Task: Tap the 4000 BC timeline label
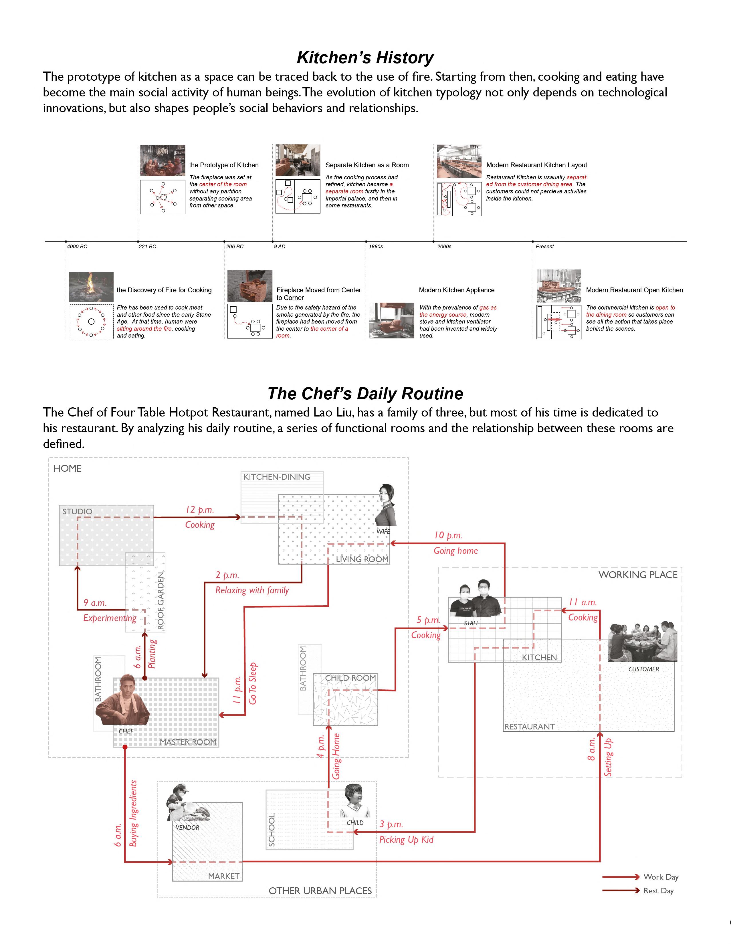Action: click(x=77, y=246)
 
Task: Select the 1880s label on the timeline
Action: click(x=376, y=246)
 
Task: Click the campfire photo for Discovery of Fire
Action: click(x=91, y=287)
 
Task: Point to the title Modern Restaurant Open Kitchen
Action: click(x=634, y=290)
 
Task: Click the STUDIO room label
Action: click(x=77, y=511)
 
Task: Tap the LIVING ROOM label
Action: click(x=362, y=559)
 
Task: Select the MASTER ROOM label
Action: click(x=188, y=742)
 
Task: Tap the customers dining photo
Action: click(x=642, y=642)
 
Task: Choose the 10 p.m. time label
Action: click(x=448, y=535)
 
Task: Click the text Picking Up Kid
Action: click(x=406, y=839)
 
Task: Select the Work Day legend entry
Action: click(x=661, y=876)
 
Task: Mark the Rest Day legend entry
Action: click(x=658, y=891)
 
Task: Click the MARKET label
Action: click(x=223, y=876)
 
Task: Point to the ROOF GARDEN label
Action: click(x=161, y=600)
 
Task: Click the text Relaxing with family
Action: click(x=252, y=590)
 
